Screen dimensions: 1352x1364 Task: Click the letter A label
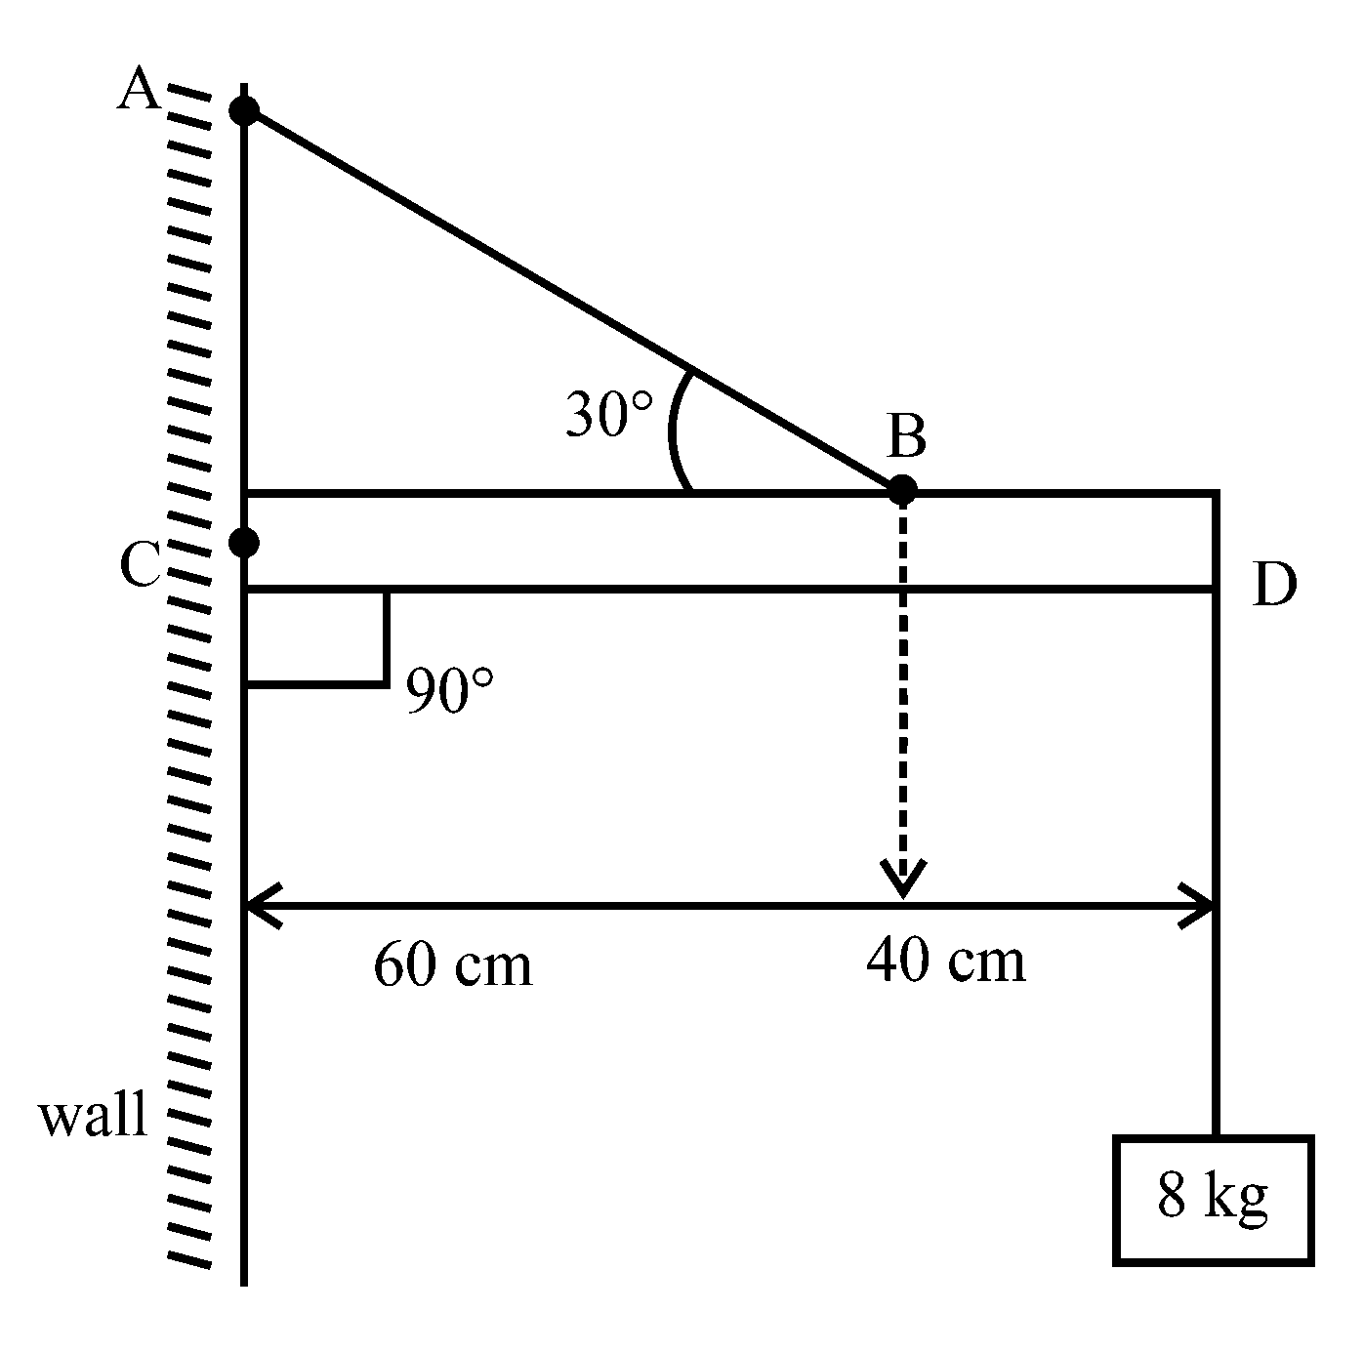tap(139, 91)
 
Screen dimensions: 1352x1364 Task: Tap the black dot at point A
tap(244, 110)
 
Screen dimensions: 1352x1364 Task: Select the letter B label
tap(906, 436)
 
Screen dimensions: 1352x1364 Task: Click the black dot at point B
tap(902, 489)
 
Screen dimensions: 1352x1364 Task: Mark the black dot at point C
tap(244, 541)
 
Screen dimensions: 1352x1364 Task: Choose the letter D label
tap(1274, 587)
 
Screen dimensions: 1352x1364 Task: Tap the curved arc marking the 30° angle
tap(674, 430)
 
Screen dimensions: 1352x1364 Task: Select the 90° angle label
tap(450, 691)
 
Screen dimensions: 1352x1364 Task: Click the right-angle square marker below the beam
tap(316, 636)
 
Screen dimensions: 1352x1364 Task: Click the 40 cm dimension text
tap(945, 960)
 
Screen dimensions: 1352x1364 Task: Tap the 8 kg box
tap(1213, 1200)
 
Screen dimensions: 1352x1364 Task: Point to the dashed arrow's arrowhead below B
tap(903, 879)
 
